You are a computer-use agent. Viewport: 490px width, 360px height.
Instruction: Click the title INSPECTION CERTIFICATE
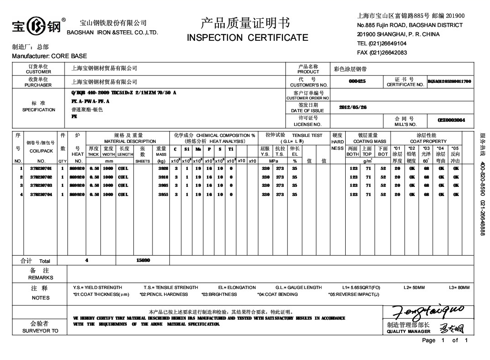coord(248,38)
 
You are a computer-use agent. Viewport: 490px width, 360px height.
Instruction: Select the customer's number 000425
coord(357,81)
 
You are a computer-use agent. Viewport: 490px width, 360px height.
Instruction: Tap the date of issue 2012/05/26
coord(353,107)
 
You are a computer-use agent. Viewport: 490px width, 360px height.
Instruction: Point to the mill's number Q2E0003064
coord(452,120)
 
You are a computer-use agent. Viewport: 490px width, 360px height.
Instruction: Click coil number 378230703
coord(41,185)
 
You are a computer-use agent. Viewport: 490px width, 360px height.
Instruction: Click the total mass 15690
coord(143,260)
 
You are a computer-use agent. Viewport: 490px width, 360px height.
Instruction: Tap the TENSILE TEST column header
coord(307,136)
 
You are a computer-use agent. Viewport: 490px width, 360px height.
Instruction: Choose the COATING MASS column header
coord(369,142)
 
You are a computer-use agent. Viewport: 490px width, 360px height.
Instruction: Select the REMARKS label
coord(40,278)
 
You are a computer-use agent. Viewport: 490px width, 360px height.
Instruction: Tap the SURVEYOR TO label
coord(40,331)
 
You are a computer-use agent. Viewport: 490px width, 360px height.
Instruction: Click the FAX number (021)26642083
coord(382,53)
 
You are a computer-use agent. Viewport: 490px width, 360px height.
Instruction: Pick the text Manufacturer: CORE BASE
coord(49,56)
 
